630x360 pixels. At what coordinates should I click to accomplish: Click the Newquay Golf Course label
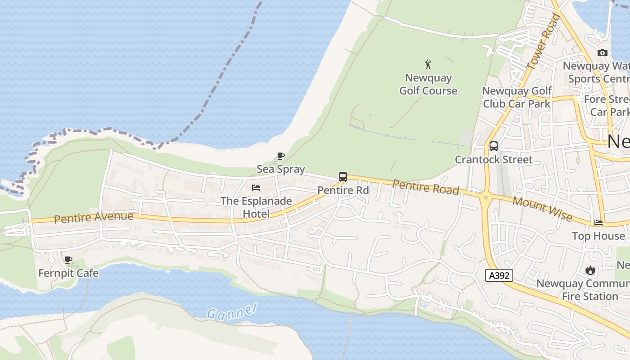(428, 84)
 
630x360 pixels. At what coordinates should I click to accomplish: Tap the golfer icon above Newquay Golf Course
(428, 64)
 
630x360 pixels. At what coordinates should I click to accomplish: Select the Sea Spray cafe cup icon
(281, 156)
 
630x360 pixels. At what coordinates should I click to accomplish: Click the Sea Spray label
(281, 169)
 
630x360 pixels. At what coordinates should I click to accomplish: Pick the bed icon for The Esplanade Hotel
(256, 187)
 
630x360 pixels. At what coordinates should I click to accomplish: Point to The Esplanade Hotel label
(256, 207)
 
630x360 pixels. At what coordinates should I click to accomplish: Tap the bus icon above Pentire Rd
(343, 177)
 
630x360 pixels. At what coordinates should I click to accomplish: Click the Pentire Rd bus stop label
(343, 190)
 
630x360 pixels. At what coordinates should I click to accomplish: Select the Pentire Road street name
(426, 187)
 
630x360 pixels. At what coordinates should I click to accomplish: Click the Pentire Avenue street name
(94, 218)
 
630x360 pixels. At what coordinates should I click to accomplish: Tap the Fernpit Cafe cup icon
(68, 260)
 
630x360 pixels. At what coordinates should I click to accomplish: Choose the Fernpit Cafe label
(68, 273)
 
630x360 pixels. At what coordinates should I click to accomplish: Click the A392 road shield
(499, 275)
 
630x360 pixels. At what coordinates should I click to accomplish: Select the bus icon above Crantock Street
(494, 146)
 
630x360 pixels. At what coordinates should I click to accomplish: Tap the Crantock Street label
(494, 159)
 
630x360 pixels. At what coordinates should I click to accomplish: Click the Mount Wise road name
(542, 209)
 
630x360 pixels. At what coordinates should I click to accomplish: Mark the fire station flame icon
(590, 270)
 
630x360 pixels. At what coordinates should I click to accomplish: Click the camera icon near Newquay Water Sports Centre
(602, 53)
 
